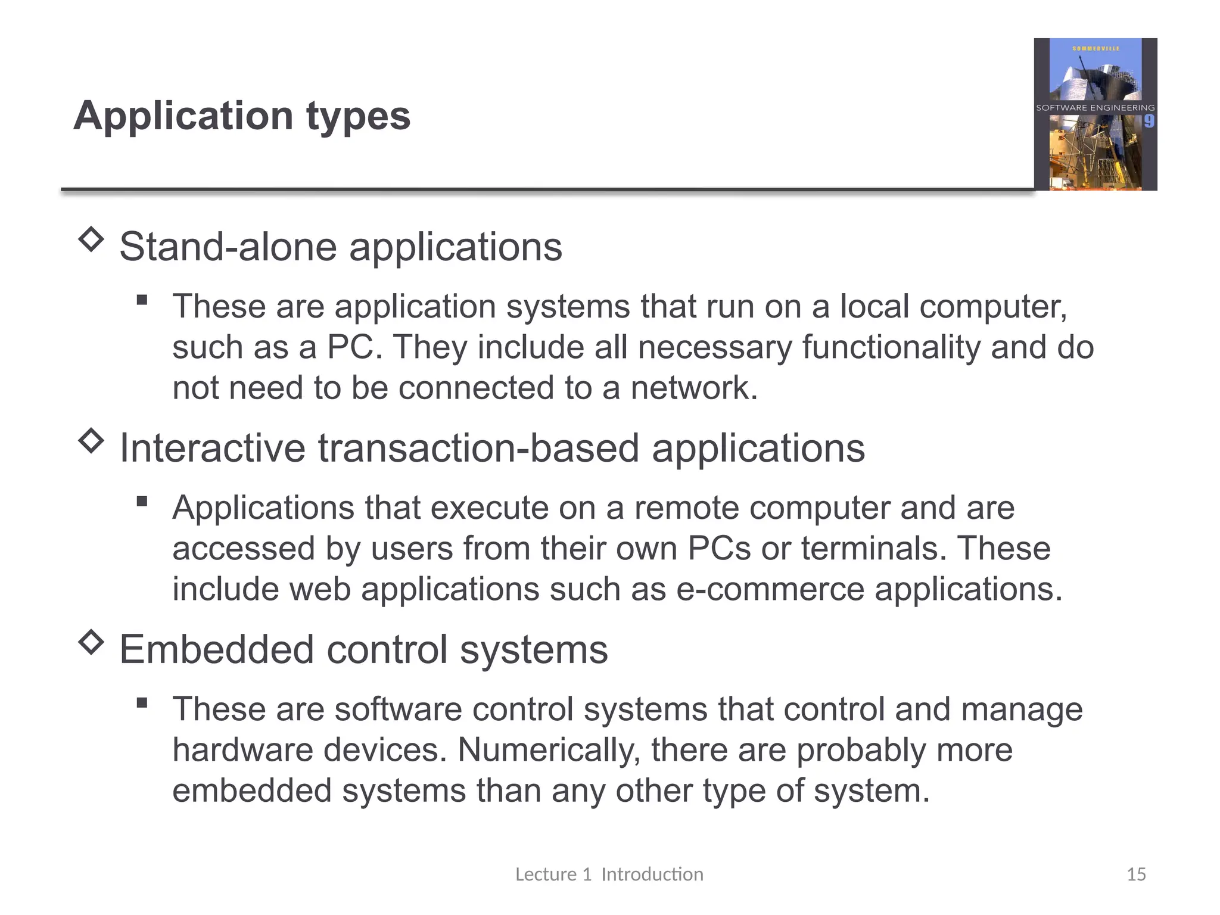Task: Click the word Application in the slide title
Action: tap(183, 116)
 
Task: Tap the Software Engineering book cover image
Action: tap(1095, 114)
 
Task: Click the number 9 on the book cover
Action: tap(1149, 122)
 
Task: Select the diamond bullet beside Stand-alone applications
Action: tap(91, 239)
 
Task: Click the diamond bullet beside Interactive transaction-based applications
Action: tap(91, 441)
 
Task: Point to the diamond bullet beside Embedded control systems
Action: tap(91, 642)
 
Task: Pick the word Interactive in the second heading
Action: tap(212, 448)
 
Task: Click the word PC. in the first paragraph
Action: tap(354, 347)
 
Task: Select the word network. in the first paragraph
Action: tap(694, 388)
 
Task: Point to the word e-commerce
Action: tap(770, 589)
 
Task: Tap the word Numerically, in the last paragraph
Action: tap(549, 750)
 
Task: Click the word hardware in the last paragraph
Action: tap(242, 750)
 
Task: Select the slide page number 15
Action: tap(1136, 874)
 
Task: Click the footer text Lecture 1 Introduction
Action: tap(609, 874)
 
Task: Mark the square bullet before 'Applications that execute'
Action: tap(142, 502)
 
